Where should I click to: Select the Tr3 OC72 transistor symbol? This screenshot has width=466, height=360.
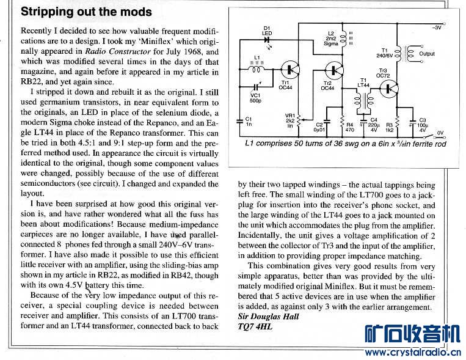tap(388, 89)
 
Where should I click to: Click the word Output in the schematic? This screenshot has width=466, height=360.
tap(427, 54)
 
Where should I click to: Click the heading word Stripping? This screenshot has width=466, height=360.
tap(47, 12)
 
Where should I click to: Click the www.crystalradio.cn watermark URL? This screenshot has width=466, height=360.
tap(413, 352)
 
